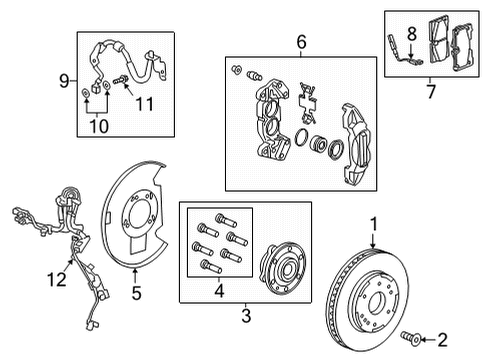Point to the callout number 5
(x=137, y=296)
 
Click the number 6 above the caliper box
(x=298, y=43)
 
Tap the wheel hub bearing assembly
(x=281, y=268)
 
